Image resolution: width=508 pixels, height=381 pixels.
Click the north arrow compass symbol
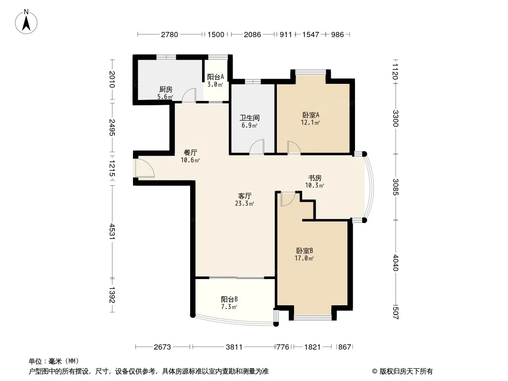(26, 21)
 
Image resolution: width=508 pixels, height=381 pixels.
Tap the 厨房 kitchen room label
(165, 89)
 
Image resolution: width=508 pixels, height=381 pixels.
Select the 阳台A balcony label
(215, 77)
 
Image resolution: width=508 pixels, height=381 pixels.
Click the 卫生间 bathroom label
(249, 118)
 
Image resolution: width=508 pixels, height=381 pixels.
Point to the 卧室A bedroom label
(311, 115)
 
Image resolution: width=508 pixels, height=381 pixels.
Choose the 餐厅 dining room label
(190, 152)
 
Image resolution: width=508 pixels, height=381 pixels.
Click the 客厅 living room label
(244, 196)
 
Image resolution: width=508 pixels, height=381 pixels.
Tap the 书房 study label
(315, 178)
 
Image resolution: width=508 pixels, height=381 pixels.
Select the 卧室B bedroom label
(304, 251)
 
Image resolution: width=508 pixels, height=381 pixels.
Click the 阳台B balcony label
(229, 299)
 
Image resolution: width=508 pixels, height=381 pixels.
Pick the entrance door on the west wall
(144, 168)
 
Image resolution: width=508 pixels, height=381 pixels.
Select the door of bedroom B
(288, 199)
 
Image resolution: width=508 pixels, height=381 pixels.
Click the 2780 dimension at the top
(170, 34)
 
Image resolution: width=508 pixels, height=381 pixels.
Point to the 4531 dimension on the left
(112, 231)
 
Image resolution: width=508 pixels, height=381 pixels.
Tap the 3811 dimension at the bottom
(234, 347)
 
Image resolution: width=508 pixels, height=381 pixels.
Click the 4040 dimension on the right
(395, 262)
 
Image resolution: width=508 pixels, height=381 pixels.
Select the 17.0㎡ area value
(304, 258)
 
